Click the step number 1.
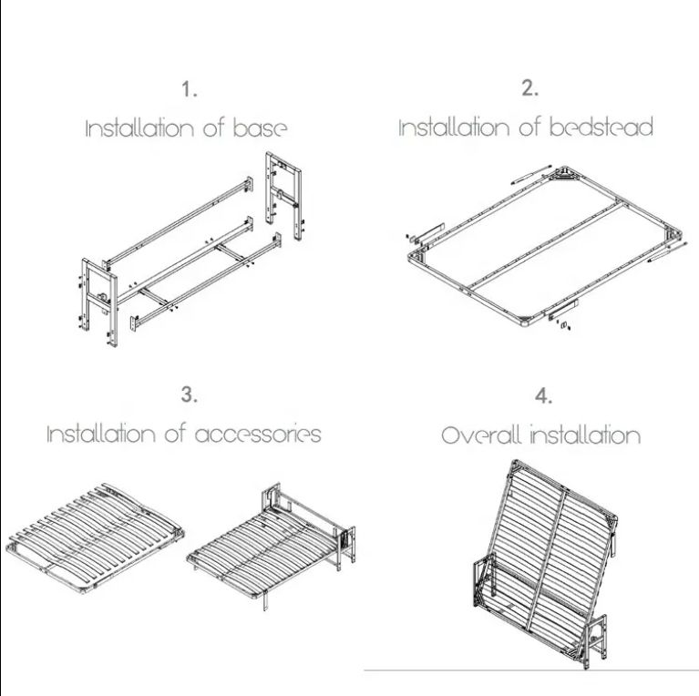[189, 89]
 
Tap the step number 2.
[530, 88]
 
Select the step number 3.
[189, 394]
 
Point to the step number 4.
[543, 396]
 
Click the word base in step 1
[260, 128]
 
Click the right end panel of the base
[283, 196]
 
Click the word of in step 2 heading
[529, 127]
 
